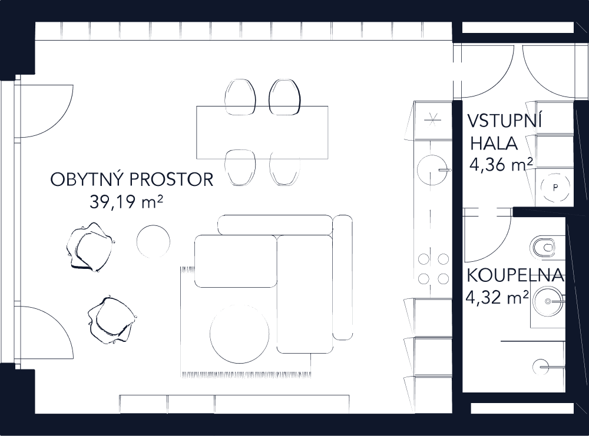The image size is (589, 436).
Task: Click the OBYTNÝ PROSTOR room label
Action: point(131,179)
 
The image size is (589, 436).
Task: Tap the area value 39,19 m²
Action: point(126,203)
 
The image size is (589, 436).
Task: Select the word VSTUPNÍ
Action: point(504,121)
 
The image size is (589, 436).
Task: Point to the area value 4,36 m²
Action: point(501,165)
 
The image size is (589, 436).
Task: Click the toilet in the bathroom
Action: point(545,247)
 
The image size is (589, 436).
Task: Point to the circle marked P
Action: point(554,187)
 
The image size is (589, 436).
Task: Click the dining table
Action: point(262,132)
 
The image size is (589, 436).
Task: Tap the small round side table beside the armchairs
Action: point(154,241)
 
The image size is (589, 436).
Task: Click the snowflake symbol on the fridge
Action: point(432,120)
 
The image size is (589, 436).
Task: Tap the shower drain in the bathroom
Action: point(541,367)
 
